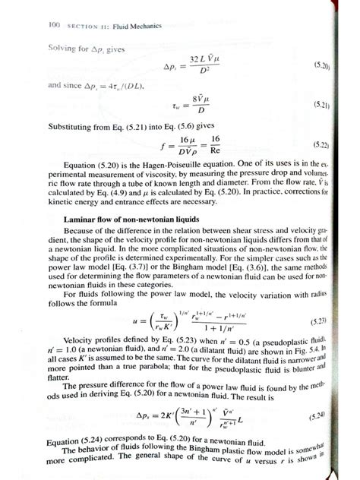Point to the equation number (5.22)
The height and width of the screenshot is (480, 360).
(x=330, y=142)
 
